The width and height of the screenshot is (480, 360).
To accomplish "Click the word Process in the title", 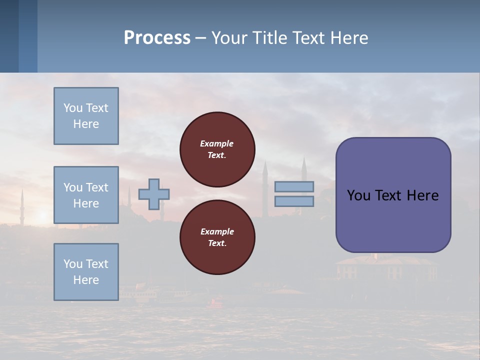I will (157, 38).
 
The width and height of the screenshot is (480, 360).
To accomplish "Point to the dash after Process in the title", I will (201, 38).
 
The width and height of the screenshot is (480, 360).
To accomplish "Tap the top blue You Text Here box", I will (86, 116).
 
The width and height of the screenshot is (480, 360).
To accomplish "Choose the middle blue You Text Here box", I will (86, 195).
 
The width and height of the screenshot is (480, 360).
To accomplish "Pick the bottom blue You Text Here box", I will (86, 272).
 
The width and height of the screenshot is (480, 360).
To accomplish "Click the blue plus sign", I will (154, 194).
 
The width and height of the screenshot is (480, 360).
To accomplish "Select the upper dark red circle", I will (217, 149).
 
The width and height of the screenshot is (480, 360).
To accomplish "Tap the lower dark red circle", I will (217, 237).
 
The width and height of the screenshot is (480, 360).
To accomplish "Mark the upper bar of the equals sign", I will (294, 187).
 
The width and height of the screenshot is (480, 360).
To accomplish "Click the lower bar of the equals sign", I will (294, 201).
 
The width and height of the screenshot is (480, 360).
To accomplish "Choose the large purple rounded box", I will (393, 195).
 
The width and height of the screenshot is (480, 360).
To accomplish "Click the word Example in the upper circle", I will (217, 143).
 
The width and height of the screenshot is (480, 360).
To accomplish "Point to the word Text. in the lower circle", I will (217, 243).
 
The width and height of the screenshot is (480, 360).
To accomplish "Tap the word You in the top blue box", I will (72, 108).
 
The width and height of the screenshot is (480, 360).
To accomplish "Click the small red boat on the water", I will (216, 301).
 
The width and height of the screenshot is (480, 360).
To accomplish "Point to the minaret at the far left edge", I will (21, 205).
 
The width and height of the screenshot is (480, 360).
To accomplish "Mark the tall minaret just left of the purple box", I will (303, 170).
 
